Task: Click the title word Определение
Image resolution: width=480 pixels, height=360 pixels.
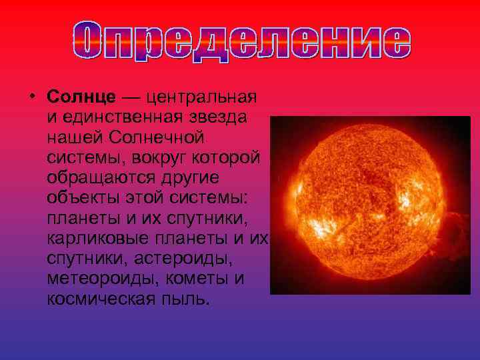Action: [x=239, y=43]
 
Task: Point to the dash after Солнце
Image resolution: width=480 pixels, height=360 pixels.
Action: [x=131, y=97]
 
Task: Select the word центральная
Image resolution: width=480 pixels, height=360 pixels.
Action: [x=201, y=97]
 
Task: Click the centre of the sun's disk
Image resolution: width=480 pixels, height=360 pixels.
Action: [x=363, y=201]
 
